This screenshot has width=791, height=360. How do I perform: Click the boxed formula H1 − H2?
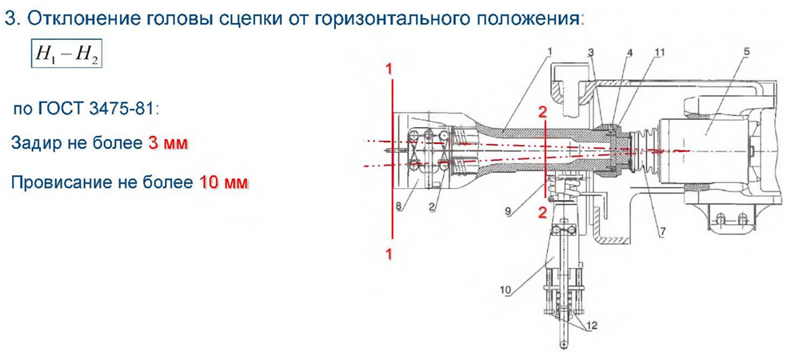(66, 54)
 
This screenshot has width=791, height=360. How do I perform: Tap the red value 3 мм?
(168, 143)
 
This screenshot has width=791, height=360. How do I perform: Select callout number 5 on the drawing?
(745, 53)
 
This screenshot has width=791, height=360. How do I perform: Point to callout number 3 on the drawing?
(589, 53)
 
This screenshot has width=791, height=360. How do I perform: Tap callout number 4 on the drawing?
(629, 53)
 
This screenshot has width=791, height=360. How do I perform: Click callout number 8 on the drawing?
(400, 206)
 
